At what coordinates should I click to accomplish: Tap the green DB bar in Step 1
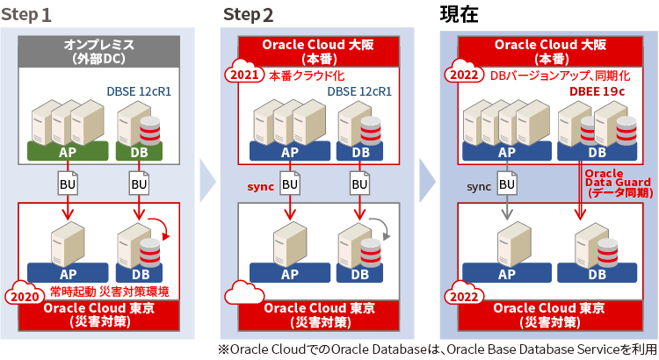coord(139,151)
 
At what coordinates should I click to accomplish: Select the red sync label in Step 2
coord(261,187)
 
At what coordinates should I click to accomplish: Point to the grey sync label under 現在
coord(479,187)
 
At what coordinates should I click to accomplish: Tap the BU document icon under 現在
coord(507,184)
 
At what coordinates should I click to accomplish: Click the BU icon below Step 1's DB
coord(139,184)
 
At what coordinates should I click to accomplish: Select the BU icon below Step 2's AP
coord(289,184)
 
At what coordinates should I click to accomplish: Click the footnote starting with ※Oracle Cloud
coord(437,349)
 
